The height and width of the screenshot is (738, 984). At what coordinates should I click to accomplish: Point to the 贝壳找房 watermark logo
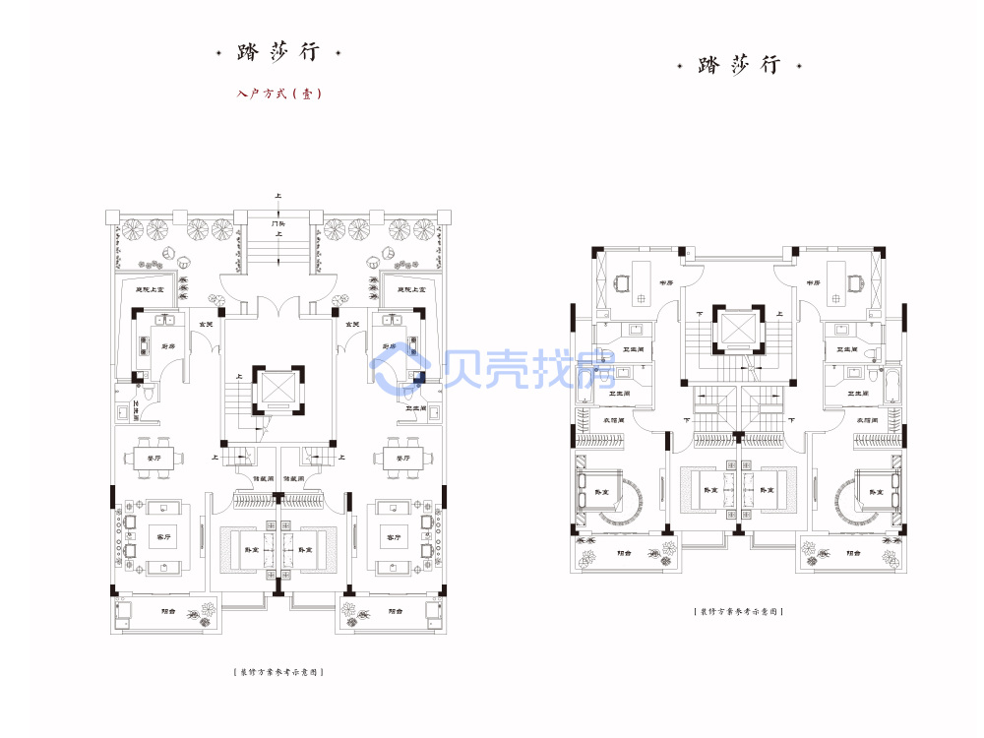(492, 372)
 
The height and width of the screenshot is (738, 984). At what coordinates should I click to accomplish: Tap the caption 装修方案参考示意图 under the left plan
(279, 672)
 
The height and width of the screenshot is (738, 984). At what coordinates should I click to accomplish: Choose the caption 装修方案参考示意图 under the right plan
(738, 612)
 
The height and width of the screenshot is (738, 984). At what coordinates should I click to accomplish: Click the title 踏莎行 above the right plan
(739, 66)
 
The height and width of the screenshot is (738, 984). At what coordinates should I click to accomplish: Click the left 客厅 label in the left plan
(163, 537)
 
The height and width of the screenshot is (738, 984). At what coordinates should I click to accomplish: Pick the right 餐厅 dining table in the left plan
(403, 459)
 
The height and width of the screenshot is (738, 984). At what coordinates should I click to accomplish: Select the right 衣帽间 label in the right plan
(866, 421)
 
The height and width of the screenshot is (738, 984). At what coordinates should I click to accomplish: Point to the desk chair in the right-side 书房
(855, 284)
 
